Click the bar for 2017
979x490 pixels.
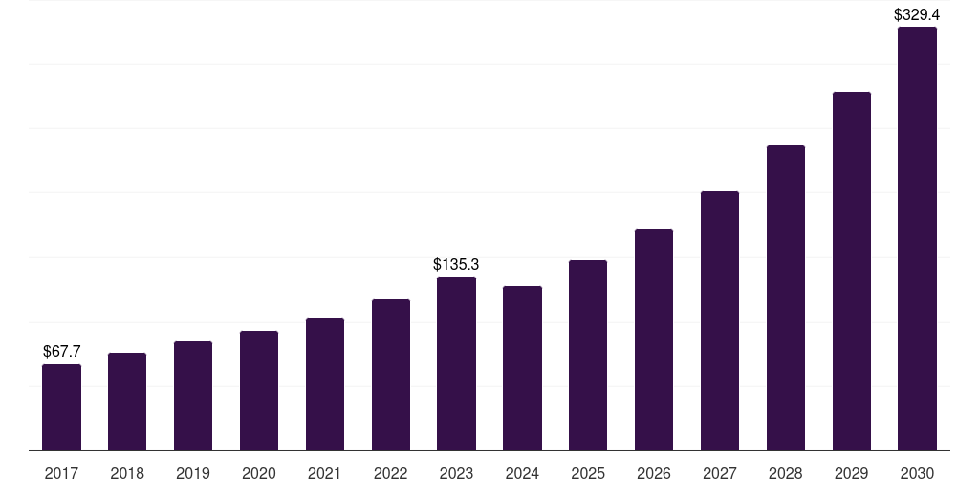(61, 407)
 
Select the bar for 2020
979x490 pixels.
(259, 390)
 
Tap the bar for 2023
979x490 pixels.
(456, 364)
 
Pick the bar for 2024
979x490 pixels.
(522, 368)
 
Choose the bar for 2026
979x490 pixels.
(654, 340)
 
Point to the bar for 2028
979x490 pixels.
(786, 298)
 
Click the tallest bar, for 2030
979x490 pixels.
(917, 238)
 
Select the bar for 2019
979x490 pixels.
(193, 395)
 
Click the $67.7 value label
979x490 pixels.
(62, 352)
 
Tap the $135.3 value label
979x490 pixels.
(456, 264)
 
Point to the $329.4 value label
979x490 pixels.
(917, 14)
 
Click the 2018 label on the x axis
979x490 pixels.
(127, 473)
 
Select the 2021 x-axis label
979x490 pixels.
(325, 473)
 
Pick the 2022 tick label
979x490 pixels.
(391, 473)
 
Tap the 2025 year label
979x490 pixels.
(588, 473)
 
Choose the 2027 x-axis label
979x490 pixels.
(720, 473)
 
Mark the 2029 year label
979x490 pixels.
(851, 473)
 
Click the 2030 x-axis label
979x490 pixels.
(917, 473)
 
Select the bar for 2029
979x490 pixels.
(851, 271)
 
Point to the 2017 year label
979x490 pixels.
(61, 473)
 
